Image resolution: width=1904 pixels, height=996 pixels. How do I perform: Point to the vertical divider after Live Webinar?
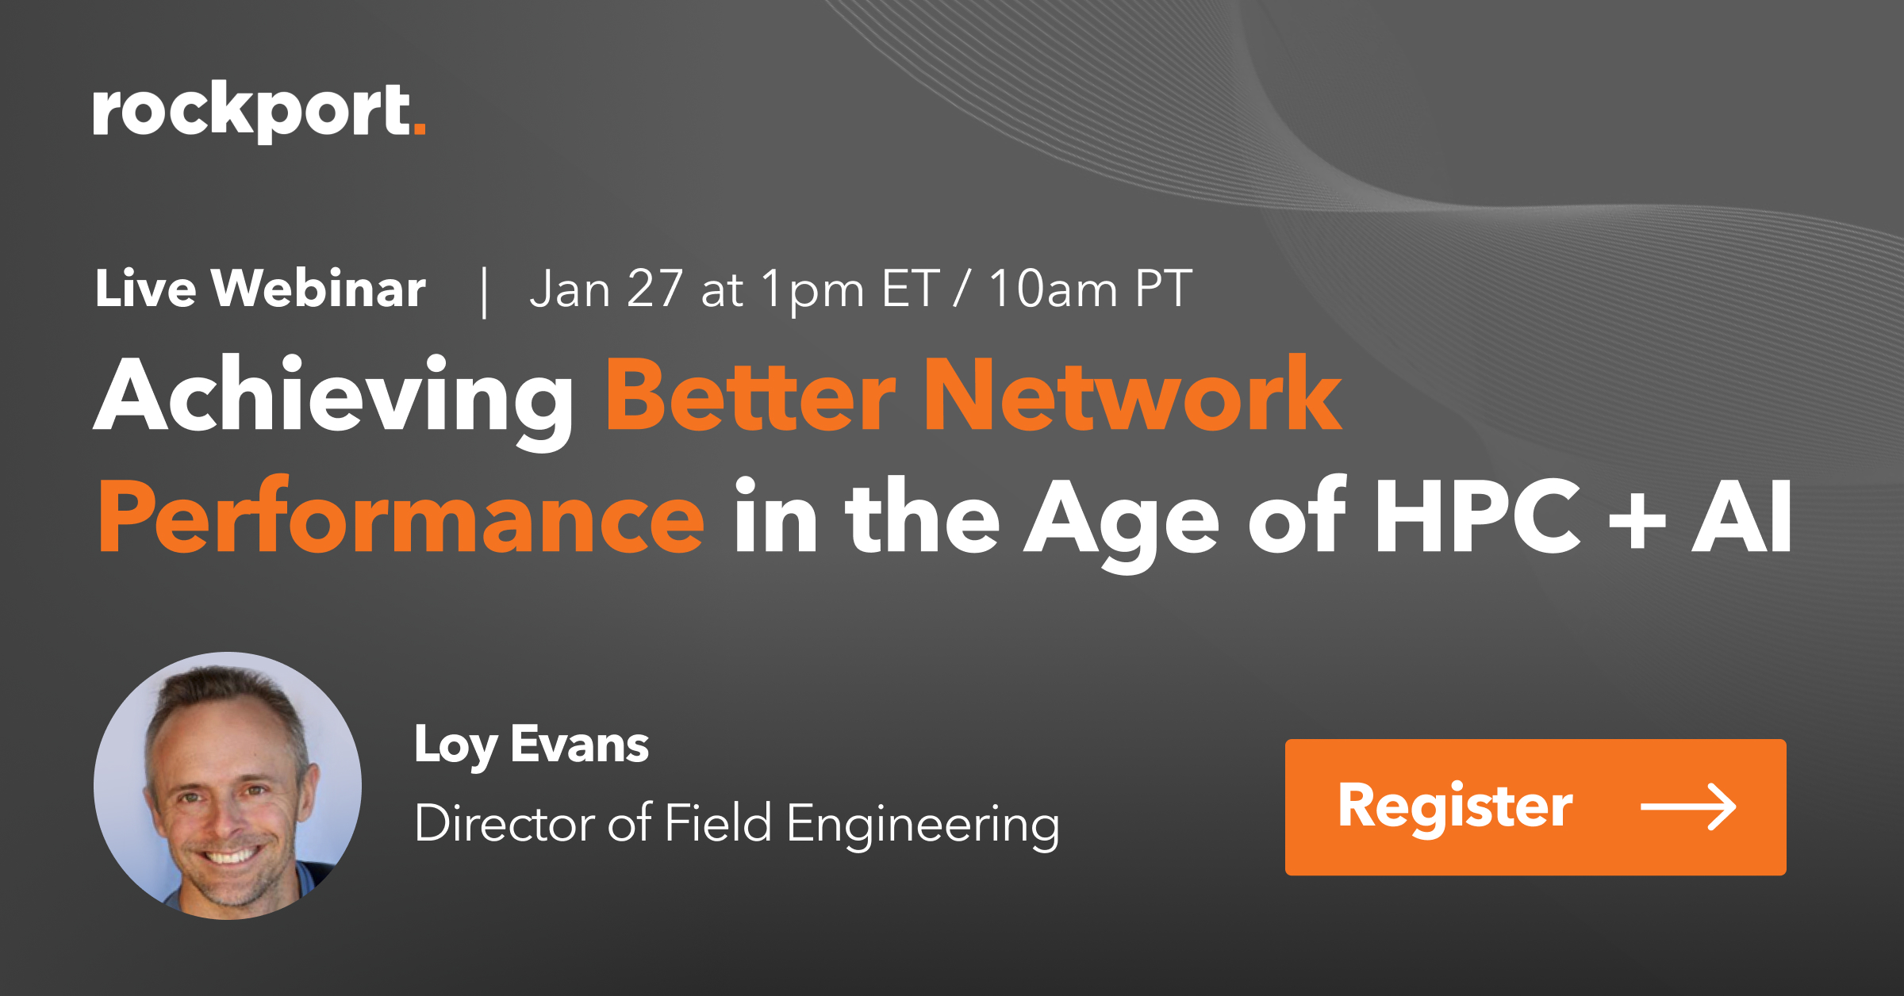tap(484, 292)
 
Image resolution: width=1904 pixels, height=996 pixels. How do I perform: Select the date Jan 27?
tap(606, 288)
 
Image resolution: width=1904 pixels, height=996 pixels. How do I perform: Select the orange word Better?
tap(750, 393)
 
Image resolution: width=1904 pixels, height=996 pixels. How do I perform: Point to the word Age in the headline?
tap(1122, 523)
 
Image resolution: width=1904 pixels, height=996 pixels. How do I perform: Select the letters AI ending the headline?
tap(1742, 516)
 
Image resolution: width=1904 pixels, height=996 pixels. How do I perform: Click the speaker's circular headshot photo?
tap(228, 785)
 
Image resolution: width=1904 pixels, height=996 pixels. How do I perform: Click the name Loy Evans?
tap(532, 746)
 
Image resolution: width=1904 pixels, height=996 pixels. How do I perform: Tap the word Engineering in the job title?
tap(923, 825)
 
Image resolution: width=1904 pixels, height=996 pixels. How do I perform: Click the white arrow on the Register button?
tap(1688, 806)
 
